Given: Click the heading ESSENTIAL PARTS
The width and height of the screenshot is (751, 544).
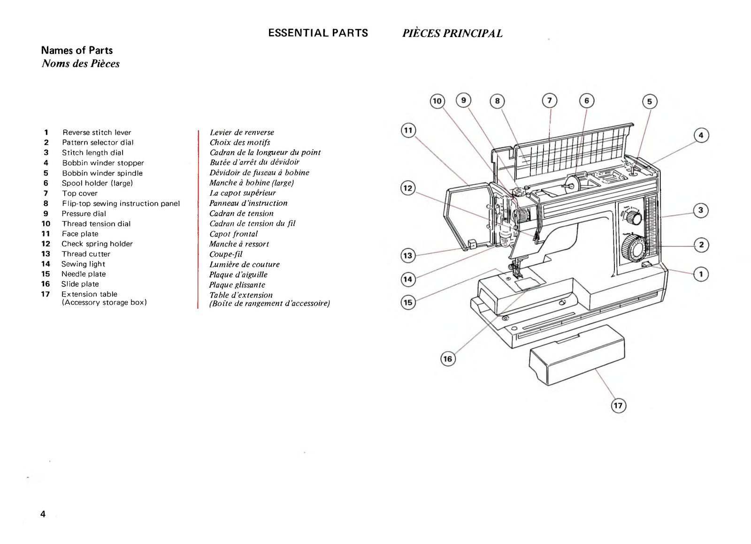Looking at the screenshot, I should click(318, 33).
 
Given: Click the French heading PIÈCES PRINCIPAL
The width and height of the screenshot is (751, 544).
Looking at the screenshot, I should click(452, 33).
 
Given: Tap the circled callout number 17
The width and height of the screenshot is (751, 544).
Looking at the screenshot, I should click(618, 406).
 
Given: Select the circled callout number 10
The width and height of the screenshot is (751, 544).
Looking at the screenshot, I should click(437, 101).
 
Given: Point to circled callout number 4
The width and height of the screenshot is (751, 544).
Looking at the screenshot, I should click(701, 136).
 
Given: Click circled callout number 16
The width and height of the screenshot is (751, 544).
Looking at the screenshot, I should click(448, 359).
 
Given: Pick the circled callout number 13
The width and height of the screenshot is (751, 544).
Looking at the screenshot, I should click(408, 255).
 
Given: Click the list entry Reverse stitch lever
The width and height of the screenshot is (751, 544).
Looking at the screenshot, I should click(97, 132).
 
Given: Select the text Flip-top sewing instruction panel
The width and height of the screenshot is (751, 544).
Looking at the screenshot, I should click(121, 203).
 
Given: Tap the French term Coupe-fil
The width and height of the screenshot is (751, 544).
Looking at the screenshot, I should click(226, 254).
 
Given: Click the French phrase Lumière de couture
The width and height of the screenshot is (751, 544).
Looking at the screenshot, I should click(244, 264).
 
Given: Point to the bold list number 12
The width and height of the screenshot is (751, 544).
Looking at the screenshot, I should click(46, 244).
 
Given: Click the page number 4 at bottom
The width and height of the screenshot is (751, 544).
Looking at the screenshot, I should click(43, 514).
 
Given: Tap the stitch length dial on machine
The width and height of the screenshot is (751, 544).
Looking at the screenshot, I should click(634, 217).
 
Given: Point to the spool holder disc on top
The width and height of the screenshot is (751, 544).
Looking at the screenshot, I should click(572, 184).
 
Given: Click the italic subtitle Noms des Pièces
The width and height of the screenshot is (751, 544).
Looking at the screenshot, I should click(80, 63).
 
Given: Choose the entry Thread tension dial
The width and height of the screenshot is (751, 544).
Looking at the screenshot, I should click(96, 223).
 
